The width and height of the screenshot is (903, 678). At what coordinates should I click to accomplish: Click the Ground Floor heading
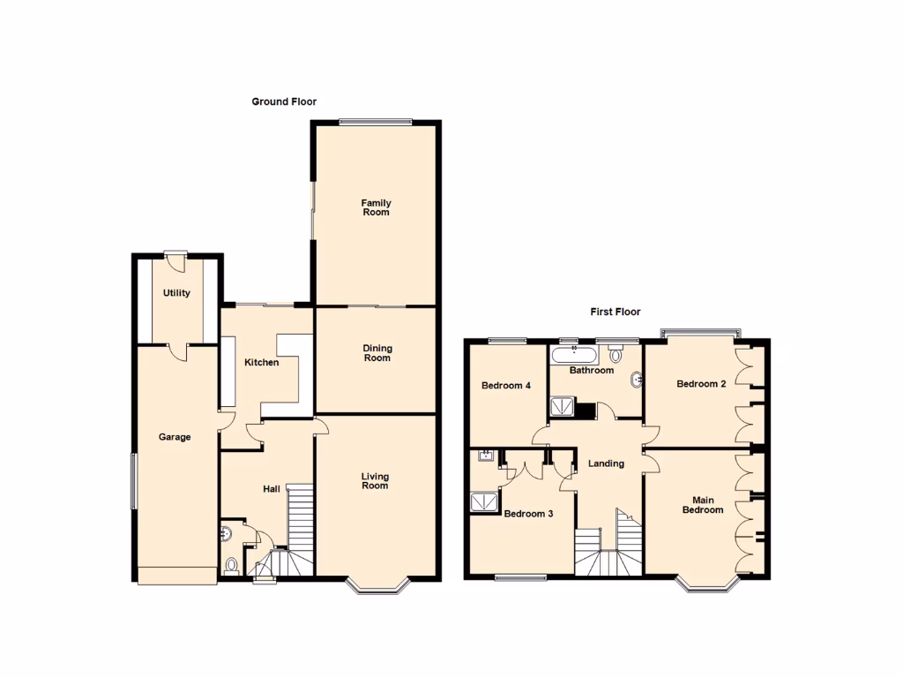[284, 102]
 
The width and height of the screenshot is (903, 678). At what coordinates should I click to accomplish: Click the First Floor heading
[615, 312]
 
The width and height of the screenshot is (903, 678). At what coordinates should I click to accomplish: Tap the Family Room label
[376, 207]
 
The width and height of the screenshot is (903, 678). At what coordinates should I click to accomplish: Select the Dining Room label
[377, 353]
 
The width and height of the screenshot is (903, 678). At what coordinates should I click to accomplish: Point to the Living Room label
[375, 481]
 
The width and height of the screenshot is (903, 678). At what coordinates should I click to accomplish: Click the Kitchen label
[261, 363]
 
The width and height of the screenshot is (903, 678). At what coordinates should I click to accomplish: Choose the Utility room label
[176, 293]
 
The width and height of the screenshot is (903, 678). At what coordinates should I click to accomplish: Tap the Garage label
[175, 437]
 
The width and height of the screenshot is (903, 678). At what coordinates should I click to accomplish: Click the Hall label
[271, 488]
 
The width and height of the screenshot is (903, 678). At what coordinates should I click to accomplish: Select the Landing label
[606, 463]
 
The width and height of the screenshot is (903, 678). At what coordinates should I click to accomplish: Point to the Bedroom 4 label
[506, 386]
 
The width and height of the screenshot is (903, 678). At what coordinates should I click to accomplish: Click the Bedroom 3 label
[528, 513]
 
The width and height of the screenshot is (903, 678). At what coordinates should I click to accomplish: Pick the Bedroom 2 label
[701, 384]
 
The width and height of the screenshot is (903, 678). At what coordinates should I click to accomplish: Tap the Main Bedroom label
[703, 505]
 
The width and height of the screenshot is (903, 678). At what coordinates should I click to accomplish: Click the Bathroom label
[591, 371]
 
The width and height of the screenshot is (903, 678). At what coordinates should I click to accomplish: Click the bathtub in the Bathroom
[574, 356]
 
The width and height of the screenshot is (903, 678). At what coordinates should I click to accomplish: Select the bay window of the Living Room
[377, 586]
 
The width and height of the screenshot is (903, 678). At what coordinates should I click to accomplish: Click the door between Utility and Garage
[175, 350]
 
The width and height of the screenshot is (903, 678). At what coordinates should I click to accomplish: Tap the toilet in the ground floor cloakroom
[232, 565]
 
